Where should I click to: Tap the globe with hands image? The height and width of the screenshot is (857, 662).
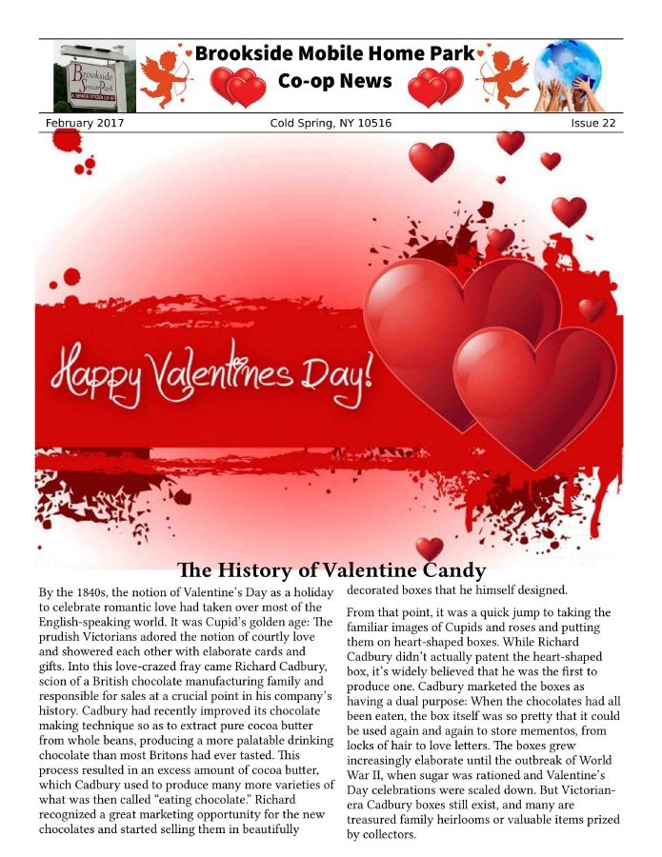point(569,76)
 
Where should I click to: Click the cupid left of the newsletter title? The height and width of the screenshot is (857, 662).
point(166,75)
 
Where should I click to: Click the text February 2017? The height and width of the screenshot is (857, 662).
point(84,124)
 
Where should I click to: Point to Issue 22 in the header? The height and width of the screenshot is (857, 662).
point(592,124)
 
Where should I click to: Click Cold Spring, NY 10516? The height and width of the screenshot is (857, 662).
point(331,124)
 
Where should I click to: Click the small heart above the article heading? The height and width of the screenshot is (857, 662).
point(430,548)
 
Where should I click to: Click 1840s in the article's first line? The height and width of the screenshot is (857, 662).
point(78,592)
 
